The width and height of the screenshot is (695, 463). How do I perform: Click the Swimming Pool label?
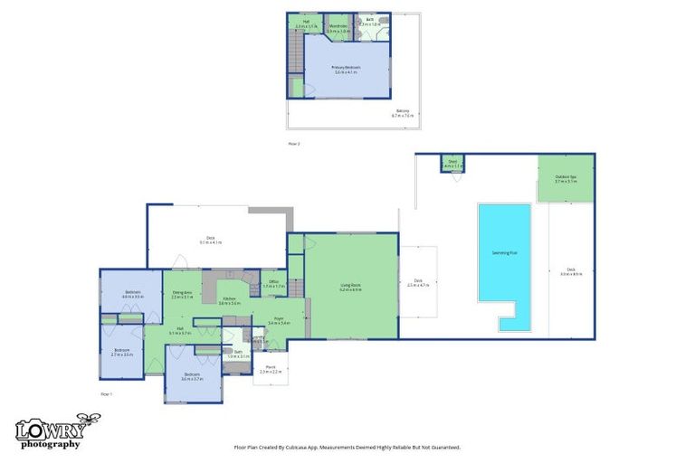(x=504, y=252)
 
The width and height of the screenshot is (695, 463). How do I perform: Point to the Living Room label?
(x=351, y=288)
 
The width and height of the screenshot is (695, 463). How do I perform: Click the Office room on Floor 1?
(x=273, y=284)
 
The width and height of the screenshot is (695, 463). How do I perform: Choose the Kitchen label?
(x=229, y=300)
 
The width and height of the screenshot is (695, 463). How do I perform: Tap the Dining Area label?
(x=182, y=294)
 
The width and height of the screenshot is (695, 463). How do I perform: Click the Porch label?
(x=271, y=370)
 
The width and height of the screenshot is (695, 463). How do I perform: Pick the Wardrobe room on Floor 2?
(x=338, y=29)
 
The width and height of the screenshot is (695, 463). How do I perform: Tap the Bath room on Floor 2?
(x=370, y=27)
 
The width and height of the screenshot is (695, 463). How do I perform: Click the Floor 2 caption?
(x=293, y=144)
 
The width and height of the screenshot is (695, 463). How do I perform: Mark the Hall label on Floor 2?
(x=306, y=24)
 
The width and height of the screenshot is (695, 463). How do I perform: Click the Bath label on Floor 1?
(x=237, y=354)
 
